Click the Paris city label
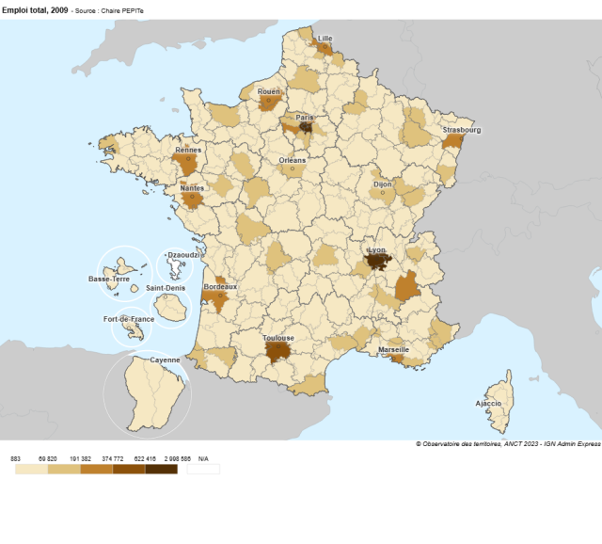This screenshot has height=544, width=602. coord(305,118)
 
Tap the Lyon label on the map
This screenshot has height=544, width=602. coord(377,250)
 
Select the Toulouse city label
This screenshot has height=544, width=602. coord(279,338)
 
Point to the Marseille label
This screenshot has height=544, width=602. coord(393,349)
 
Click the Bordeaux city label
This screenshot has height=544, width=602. coord(221,286)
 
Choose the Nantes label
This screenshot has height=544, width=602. coord(191,187)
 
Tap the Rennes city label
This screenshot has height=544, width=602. coord(188,150)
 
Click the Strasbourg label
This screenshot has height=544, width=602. coord(462,130)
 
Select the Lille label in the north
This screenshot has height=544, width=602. coord(325,39)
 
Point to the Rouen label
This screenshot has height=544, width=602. coord(269,91)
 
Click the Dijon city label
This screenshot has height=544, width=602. coord(383,184)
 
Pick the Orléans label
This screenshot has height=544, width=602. coord(293,160)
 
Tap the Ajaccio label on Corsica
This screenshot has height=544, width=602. coord(488,403)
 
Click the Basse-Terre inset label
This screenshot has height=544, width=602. coord(109,279)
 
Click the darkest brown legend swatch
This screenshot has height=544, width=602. coord(161,469)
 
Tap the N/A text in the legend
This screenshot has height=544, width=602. coord(203,458)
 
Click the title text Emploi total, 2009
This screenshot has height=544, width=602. coord(33,8)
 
